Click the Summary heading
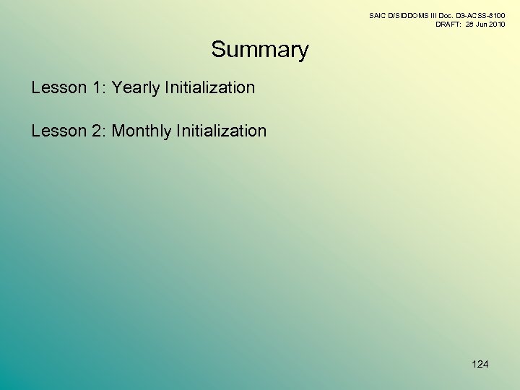coord(260,50)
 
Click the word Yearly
coord(136,88)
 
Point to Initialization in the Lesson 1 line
coord(209,88)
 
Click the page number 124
coord(480,364)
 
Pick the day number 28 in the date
coord(469,24)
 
